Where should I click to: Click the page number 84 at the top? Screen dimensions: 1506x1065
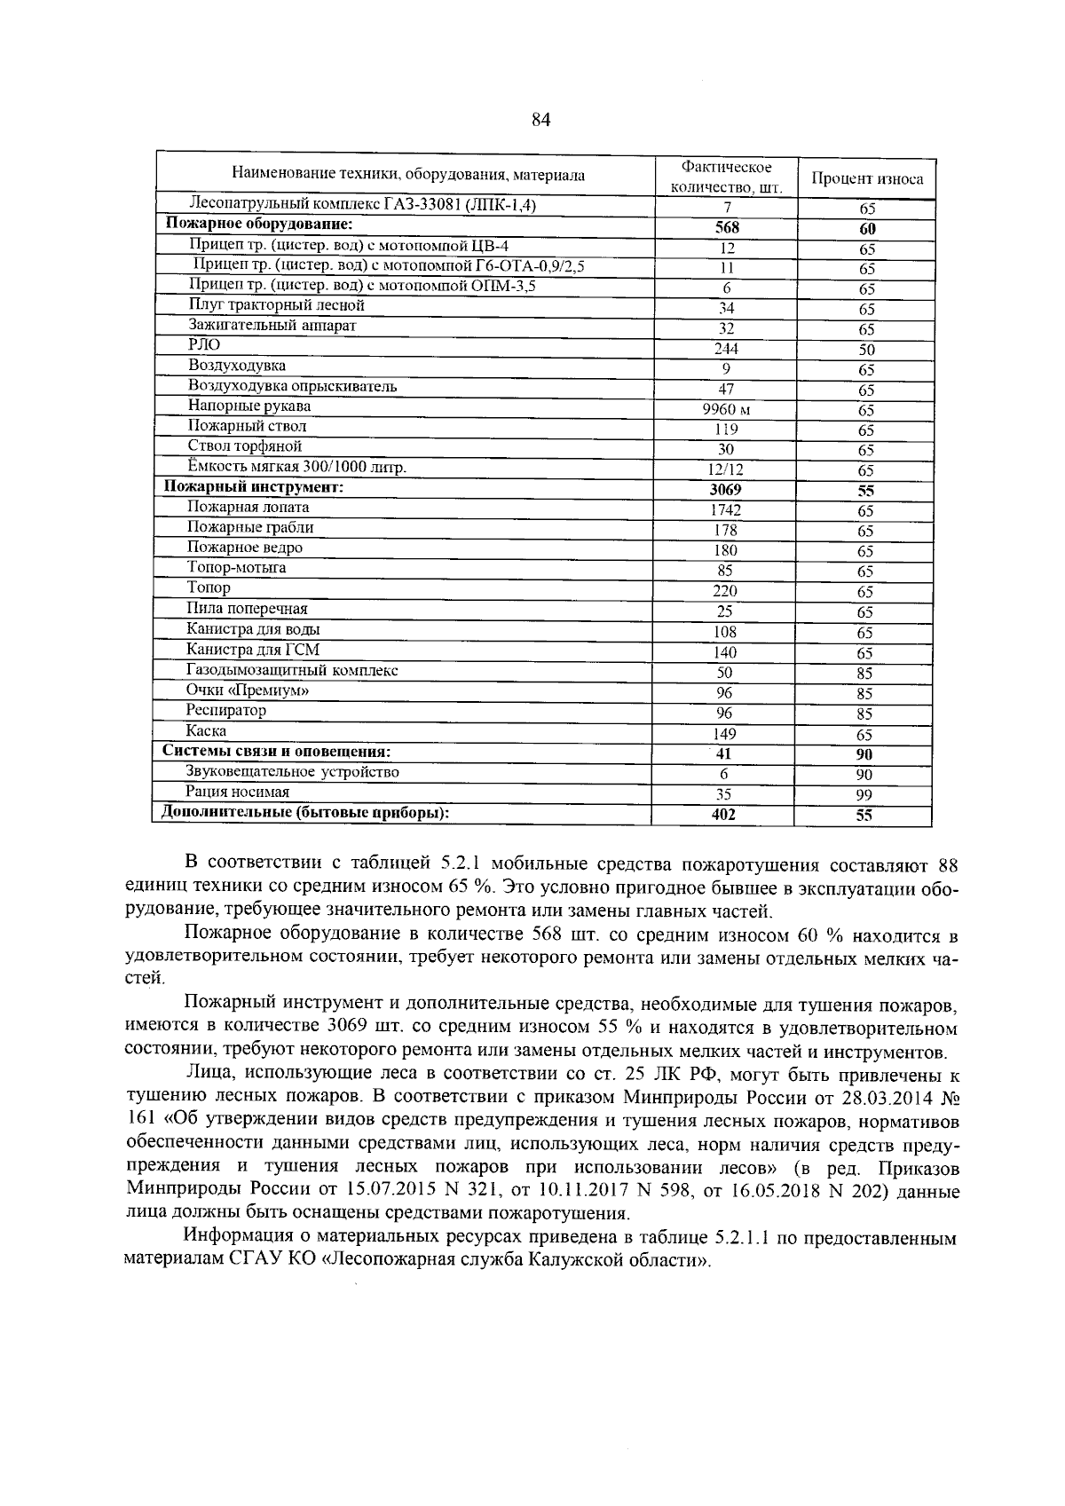coord(541,120)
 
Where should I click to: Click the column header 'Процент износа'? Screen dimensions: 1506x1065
coord(867,179)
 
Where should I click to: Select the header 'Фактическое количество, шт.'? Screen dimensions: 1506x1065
coord(726,177)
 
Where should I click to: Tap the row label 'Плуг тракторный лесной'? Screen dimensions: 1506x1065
coord(276,305)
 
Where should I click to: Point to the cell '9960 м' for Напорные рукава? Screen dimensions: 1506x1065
coord(726,410)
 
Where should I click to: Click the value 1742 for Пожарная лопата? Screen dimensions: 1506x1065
coord(726,510)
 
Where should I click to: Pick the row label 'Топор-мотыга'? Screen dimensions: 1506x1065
coord(236,568)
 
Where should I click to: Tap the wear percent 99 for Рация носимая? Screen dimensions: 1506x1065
coord(864,796)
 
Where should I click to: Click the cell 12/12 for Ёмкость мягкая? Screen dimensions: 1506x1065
coord(726,470)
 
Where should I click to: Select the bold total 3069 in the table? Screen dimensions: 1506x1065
coord(726,490)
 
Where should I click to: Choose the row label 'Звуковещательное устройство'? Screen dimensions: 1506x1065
coord(293,772)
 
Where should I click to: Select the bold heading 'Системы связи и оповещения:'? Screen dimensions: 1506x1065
coord(277,752)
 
